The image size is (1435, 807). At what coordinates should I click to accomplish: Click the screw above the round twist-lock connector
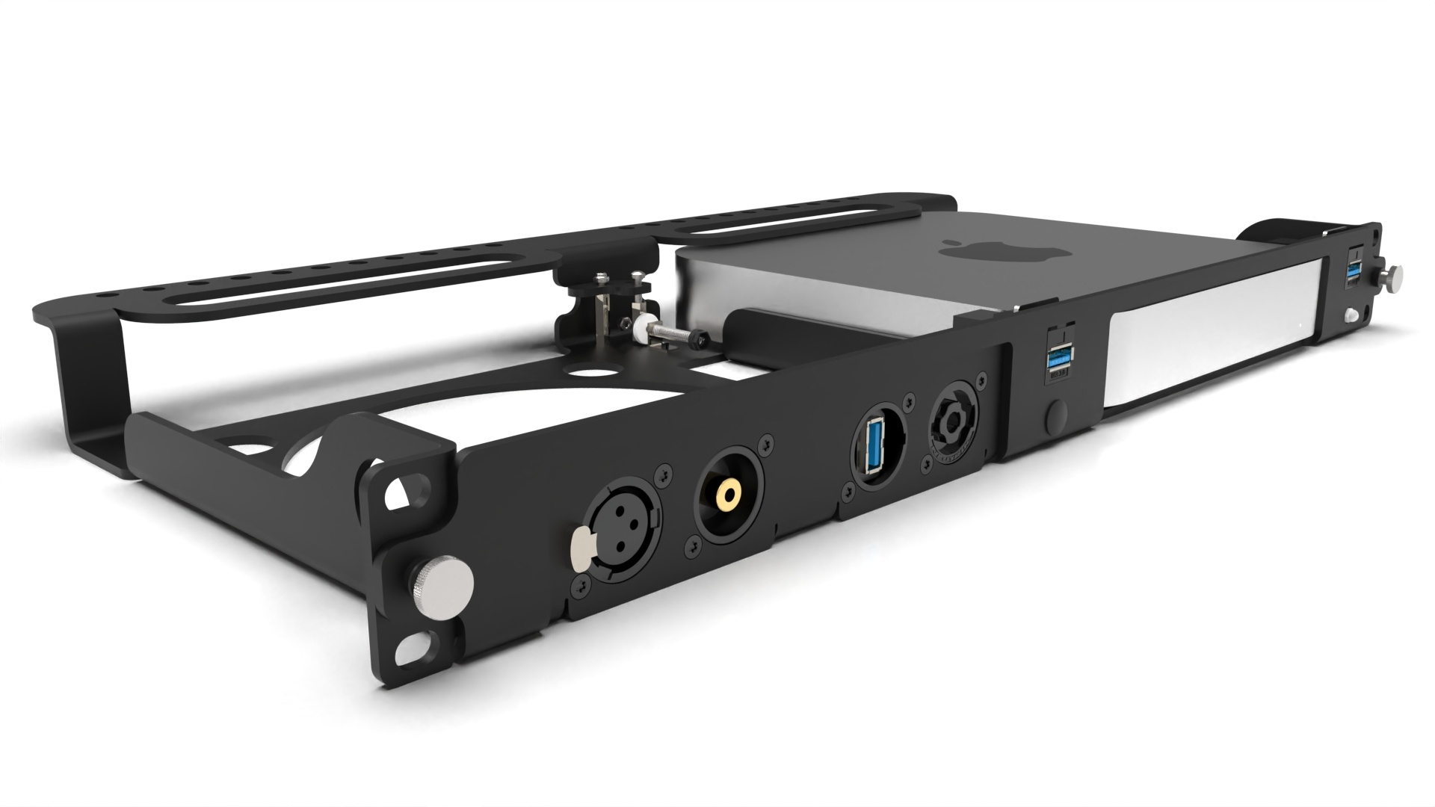click(x=910, y=403)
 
